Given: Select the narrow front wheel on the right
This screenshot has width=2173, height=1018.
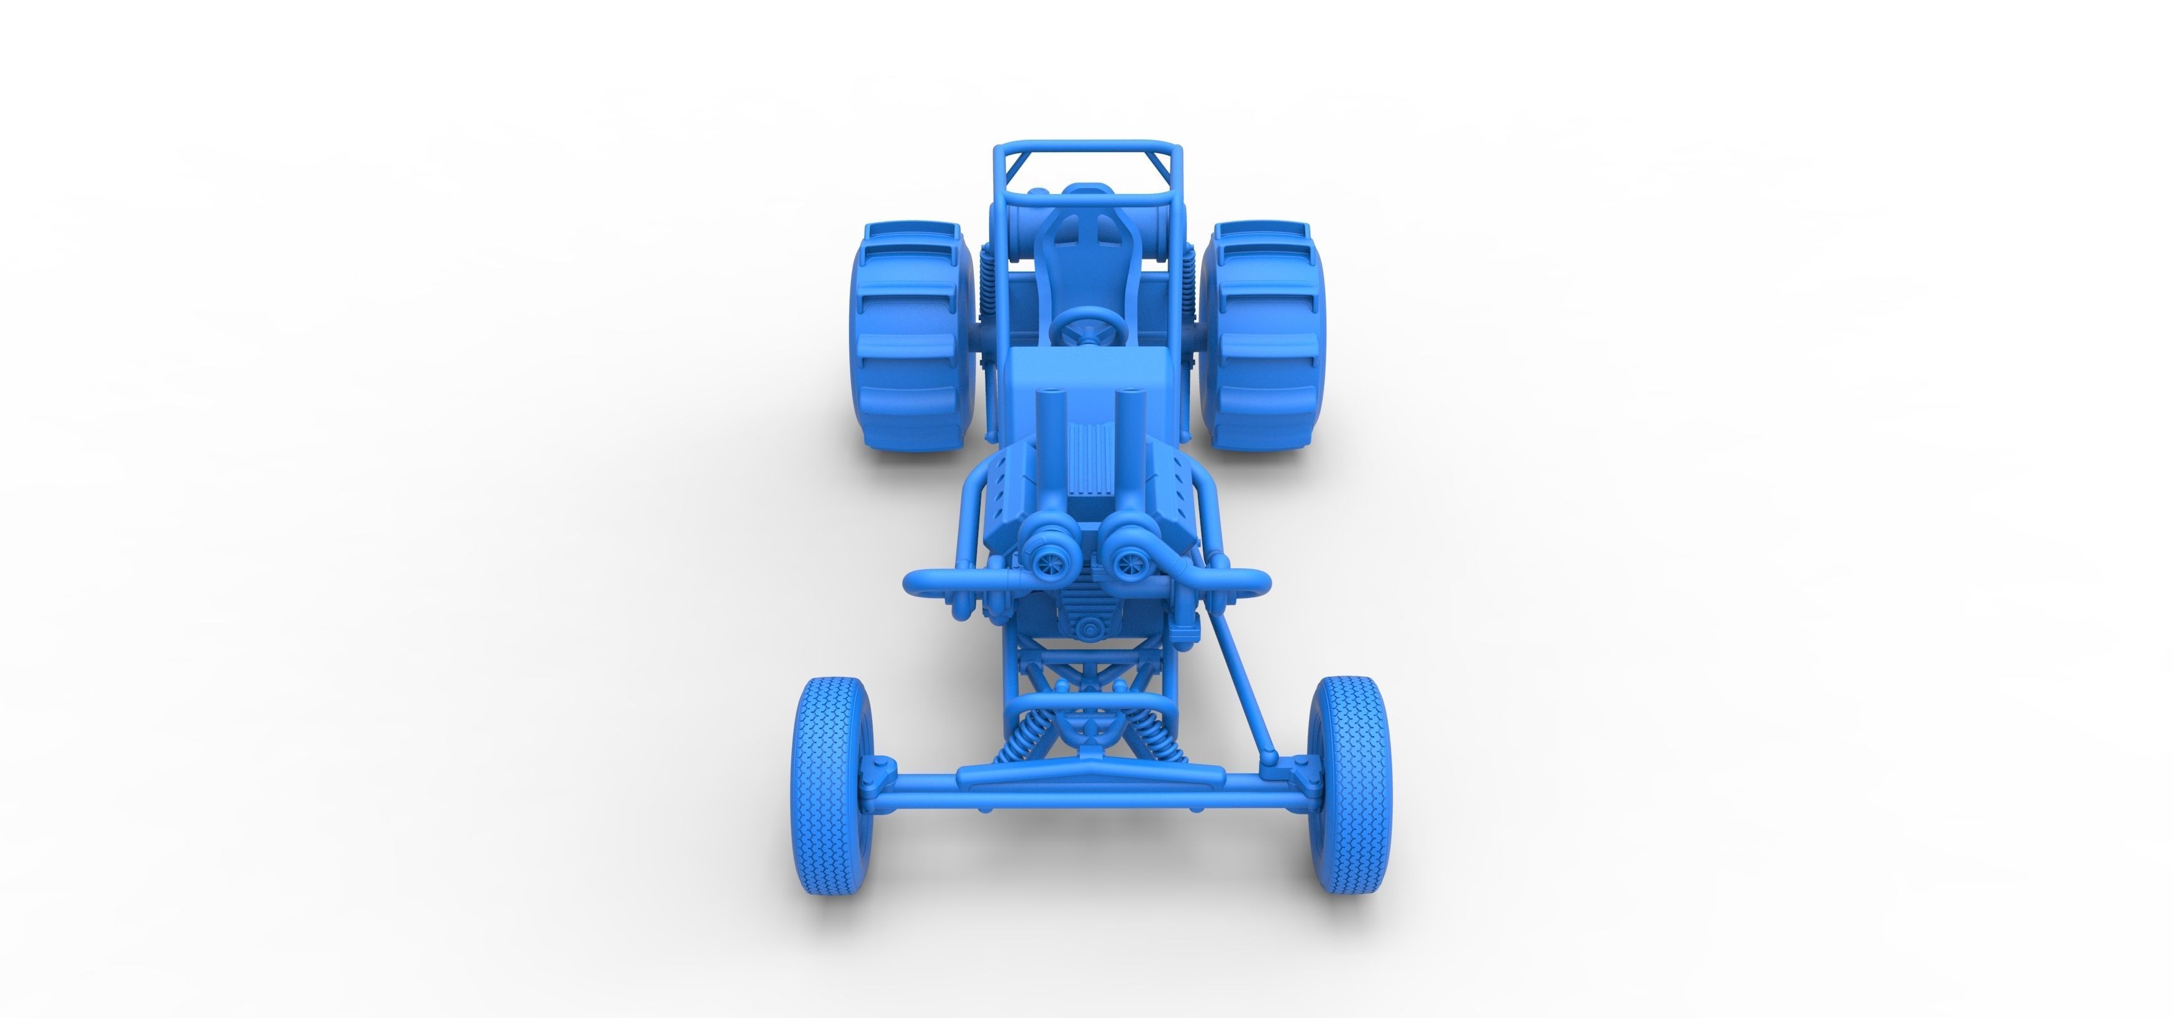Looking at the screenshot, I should (x=1349, y=785).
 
